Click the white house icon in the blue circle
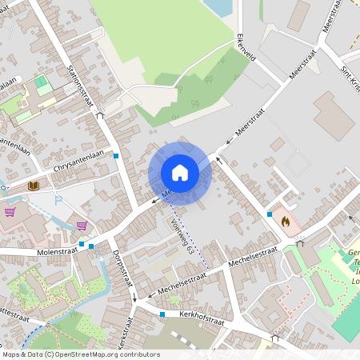coord(180,173)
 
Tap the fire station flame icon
coord(284,218)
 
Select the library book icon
coord(34,186)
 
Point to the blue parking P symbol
coord(58,200)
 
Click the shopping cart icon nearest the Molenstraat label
coord(82,226)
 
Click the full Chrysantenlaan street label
coord(78,165)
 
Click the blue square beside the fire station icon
coord(268,214)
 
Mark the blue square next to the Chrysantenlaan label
coord(117,155)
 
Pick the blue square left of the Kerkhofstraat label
coord(162,314)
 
